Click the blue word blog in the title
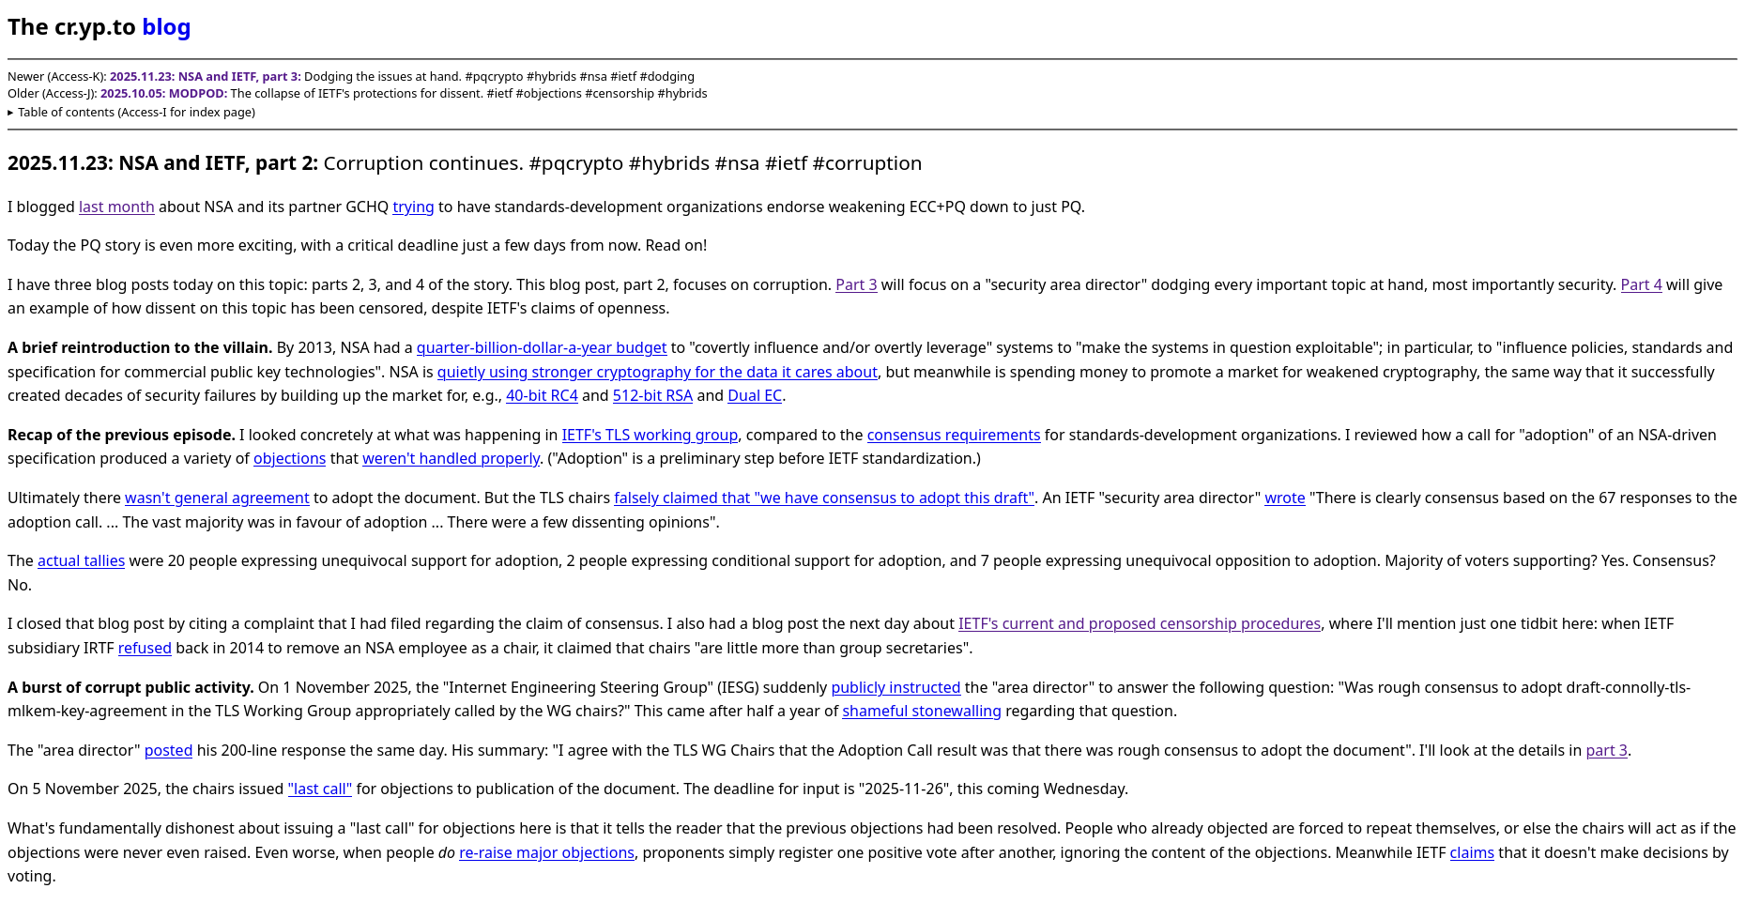tap(166, 27)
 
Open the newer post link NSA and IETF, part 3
tap(205, 77)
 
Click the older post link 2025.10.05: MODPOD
tap(163, 94)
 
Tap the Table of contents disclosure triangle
tap(11, 113)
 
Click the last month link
tap(116, 207)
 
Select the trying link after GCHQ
tap(413, 207)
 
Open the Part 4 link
tap(1641, 284)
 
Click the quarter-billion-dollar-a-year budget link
tap(542, 347)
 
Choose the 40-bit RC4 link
tap(542, 395)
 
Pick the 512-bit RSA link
tap(652, 395)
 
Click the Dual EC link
tap(754, 395)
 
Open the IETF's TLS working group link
tap(650, 435)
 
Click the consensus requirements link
tap(953, 435)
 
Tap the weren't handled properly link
tap(451, 458)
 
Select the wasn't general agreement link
tap(217, 498)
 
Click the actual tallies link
tap(81, 560)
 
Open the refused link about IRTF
tap(145, 648)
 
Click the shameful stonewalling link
tap(921, 711)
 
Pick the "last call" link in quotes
tap(319, 789)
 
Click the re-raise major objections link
tap(546, 852)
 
